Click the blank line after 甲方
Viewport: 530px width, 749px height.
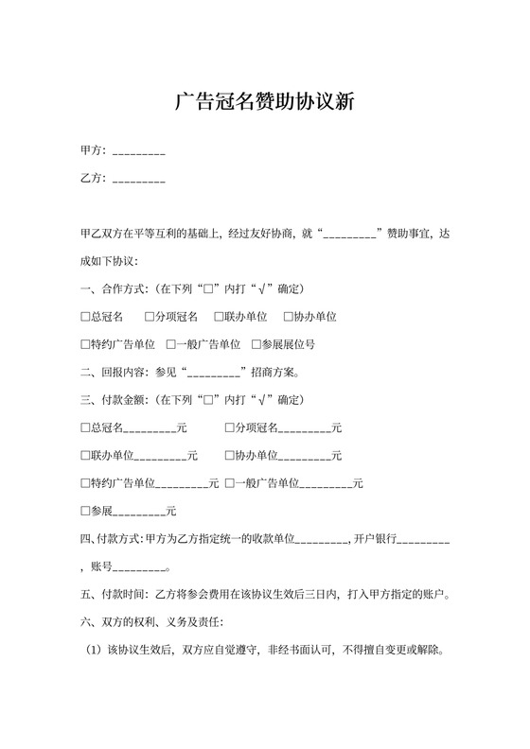click(139, 151)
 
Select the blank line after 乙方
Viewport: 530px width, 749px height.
click(139, 180)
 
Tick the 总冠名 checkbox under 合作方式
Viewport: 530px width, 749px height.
click(85, 316)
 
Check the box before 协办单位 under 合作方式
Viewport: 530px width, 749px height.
click(287, 316)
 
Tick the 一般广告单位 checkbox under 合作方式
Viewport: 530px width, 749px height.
click(171, 344)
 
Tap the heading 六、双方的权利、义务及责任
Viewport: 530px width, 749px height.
click(151, 624)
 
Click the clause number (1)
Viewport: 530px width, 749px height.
click(92, 652)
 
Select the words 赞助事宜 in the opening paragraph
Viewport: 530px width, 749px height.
click(408, 232)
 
